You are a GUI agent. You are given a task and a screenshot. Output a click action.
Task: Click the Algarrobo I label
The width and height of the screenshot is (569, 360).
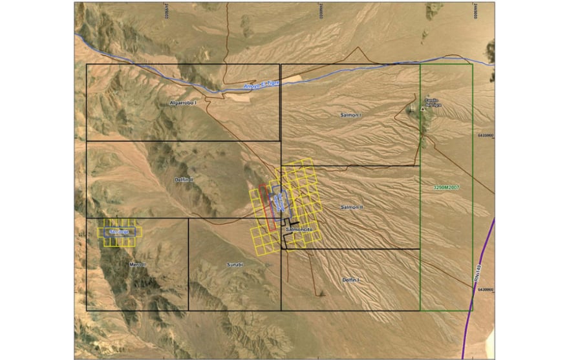coord(182,103)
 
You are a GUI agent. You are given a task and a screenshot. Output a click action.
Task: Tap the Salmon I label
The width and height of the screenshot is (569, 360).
coord(352,114)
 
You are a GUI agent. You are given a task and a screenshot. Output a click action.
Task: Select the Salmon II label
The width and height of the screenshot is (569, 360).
coord(352,207)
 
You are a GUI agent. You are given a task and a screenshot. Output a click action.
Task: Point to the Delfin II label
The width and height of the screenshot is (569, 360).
coord(184,179)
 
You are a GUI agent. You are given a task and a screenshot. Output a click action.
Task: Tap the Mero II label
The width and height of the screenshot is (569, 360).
coord(137,264)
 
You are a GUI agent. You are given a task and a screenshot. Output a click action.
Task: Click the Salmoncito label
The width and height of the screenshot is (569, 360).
coord(298,229)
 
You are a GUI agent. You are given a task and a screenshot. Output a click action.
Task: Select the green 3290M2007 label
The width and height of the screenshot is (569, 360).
coord(446,187)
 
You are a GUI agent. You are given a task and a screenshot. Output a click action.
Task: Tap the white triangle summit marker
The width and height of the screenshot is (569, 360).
coord(424,109)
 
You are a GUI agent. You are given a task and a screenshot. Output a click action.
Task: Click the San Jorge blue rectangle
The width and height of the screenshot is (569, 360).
coord(120,231)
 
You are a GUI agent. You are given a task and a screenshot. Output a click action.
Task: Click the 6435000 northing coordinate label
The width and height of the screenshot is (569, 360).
coord(485,136)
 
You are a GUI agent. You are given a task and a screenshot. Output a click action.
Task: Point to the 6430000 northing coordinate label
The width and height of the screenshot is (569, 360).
coord(485,290)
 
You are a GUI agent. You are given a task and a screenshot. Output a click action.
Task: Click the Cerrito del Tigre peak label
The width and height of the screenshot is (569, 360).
coord(432,101)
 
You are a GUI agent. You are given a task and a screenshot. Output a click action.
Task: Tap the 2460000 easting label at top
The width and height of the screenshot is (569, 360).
coord(321,11)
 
